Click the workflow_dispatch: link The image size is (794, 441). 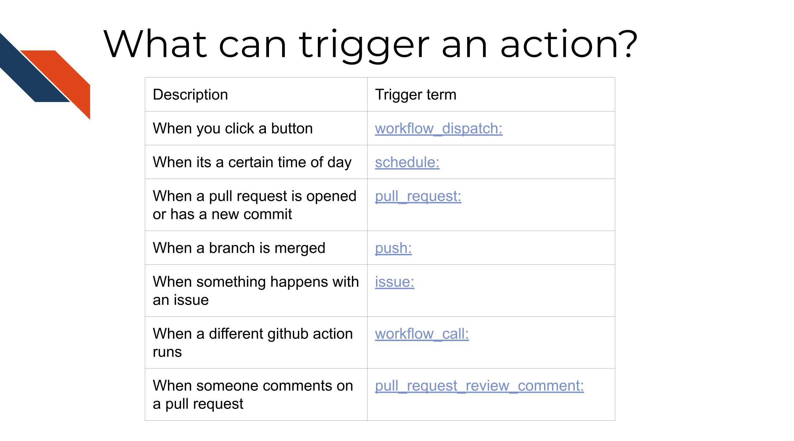[x=439, y=129]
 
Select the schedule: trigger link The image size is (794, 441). [x=407, y=162]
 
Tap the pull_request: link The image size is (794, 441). [x=418, y=196]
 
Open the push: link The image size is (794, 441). [x=393, y=248]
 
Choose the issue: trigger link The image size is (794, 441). [x=394, y=282]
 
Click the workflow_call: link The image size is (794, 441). [x=422, y=334]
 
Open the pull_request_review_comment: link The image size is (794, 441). [x=479, y=386]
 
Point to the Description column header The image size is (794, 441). [x=190, y=95]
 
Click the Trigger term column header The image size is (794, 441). [x=415, y=95]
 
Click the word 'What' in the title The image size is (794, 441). [x=156, y=44]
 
